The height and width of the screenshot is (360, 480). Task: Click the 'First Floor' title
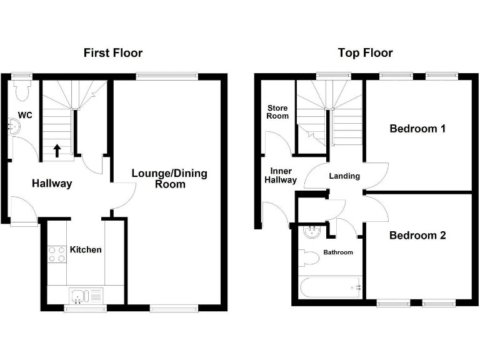[x=113, y=53]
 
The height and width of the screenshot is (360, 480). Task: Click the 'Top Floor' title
[x=365, y=53]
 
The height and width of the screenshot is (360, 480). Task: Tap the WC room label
[x=26, y=115]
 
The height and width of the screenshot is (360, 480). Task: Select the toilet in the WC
[x=22, y=91]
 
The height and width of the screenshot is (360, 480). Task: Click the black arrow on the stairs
[x=57, y=150]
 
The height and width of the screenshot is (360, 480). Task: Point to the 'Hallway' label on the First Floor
[x=52, y=184]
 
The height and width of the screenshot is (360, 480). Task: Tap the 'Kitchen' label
[x=86, y=249]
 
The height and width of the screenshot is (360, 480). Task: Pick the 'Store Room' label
[x=277, y=112]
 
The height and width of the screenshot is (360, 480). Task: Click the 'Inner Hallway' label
[x=279, y=175]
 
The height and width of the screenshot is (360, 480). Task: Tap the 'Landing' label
[x=344, y=176]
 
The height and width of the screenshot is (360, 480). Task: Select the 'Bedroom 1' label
[x=417, y=129]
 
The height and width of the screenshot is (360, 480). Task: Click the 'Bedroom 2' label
[x=417, y=236]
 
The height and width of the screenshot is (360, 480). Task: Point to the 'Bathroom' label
[x=337, y=252]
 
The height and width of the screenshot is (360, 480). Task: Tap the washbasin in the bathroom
[x=311, y=232]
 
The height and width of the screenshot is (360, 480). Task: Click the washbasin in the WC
[x=13, y=127]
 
